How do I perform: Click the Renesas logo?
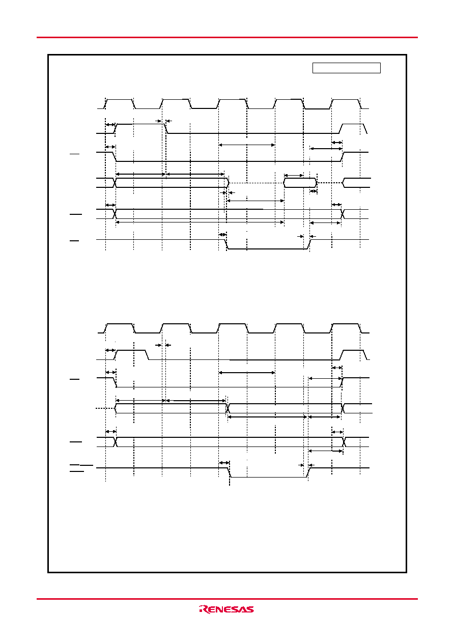point(226,609)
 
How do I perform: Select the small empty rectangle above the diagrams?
point(347,68)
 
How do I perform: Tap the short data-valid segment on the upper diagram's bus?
point(300,183)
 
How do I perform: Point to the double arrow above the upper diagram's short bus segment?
point(294,176)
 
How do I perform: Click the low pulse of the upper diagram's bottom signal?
point(268,244)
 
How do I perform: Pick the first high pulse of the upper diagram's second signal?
point(140,129)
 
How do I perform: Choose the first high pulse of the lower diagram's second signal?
point(131,355)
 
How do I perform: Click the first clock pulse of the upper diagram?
point(120,104)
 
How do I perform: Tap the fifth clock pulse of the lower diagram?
point(346,328)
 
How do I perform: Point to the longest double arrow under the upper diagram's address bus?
point(200,222)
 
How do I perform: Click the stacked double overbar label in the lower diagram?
point(81,468)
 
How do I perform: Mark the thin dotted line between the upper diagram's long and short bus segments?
point(257,183)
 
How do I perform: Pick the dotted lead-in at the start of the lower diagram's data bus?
point(105,408)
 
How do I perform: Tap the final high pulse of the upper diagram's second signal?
point(353,129)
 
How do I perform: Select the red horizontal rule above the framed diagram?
point(227,37)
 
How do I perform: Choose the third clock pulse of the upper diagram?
point(233,104)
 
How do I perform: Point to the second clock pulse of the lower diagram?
point(176,328)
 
